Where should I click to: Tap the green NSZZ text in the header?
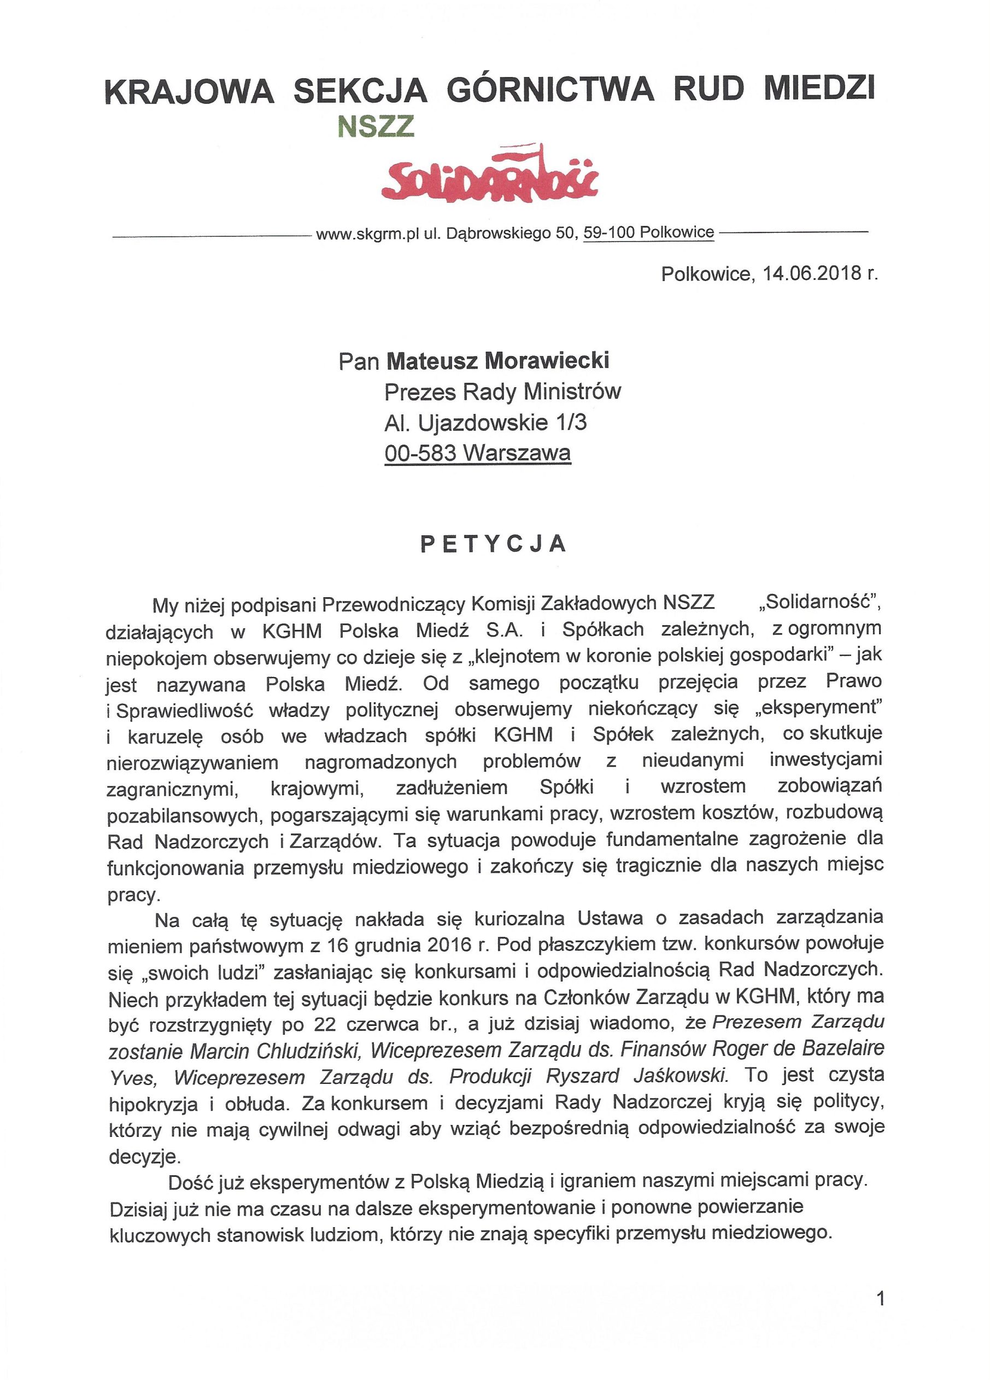point(376,126)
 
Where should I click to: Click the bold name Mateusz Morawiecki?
point(498,361)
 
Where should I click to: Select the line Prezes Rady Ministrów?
point(502,392)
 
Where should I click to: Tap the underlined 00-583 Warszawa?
point(477,453)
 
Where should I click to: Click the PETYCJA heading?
point(494,544)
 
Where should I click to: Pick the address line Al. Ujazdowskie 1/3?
point(485,423)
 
